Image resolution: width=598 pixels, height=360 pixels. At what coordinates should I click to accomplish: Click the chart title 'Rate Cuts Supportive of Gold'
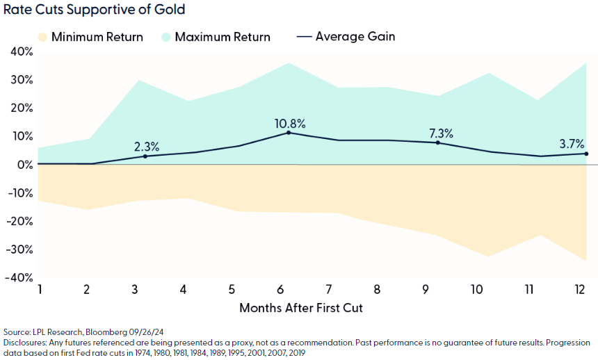coord(95,10)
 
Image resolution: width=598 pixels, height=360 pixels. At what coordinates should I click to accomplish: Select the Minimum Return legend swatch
coord(43,37)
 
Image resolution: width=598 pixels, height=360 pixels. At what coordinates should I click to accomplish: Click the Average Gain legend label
coord(355,36)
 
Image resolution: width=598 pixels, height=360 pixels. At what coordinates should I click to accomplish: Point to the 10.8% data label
coord(290,124)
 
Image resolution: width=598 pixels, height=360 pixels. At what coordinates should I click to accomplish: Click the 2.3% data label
coord(147,147)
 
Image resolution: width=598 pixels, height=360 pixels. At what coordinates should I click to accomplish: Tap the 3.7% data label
coord(573,145)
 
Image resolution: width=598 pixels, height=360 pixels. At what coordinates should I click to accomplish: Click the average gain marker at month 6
coord(289,133)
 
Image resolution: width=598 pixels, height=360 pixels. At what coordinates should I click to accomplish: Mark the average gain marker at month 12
coord(586,154)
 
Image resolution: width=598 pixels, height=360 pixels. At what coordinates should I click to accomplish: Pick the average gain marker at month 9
coord(437,142)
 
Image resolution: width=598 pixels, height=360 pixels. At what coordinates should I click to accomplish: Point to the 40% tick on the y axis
coord(21,51)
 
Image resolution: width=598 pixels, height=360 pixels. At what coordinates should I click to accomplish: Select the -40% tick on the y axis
coord(19,278)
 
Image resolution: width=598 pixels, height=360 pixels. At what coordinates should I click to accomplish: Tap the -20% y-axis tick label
coord(19,221)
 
